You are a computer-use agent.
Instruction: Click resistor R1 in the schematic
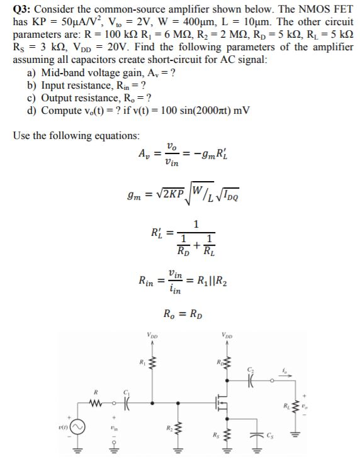[150, 363]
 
